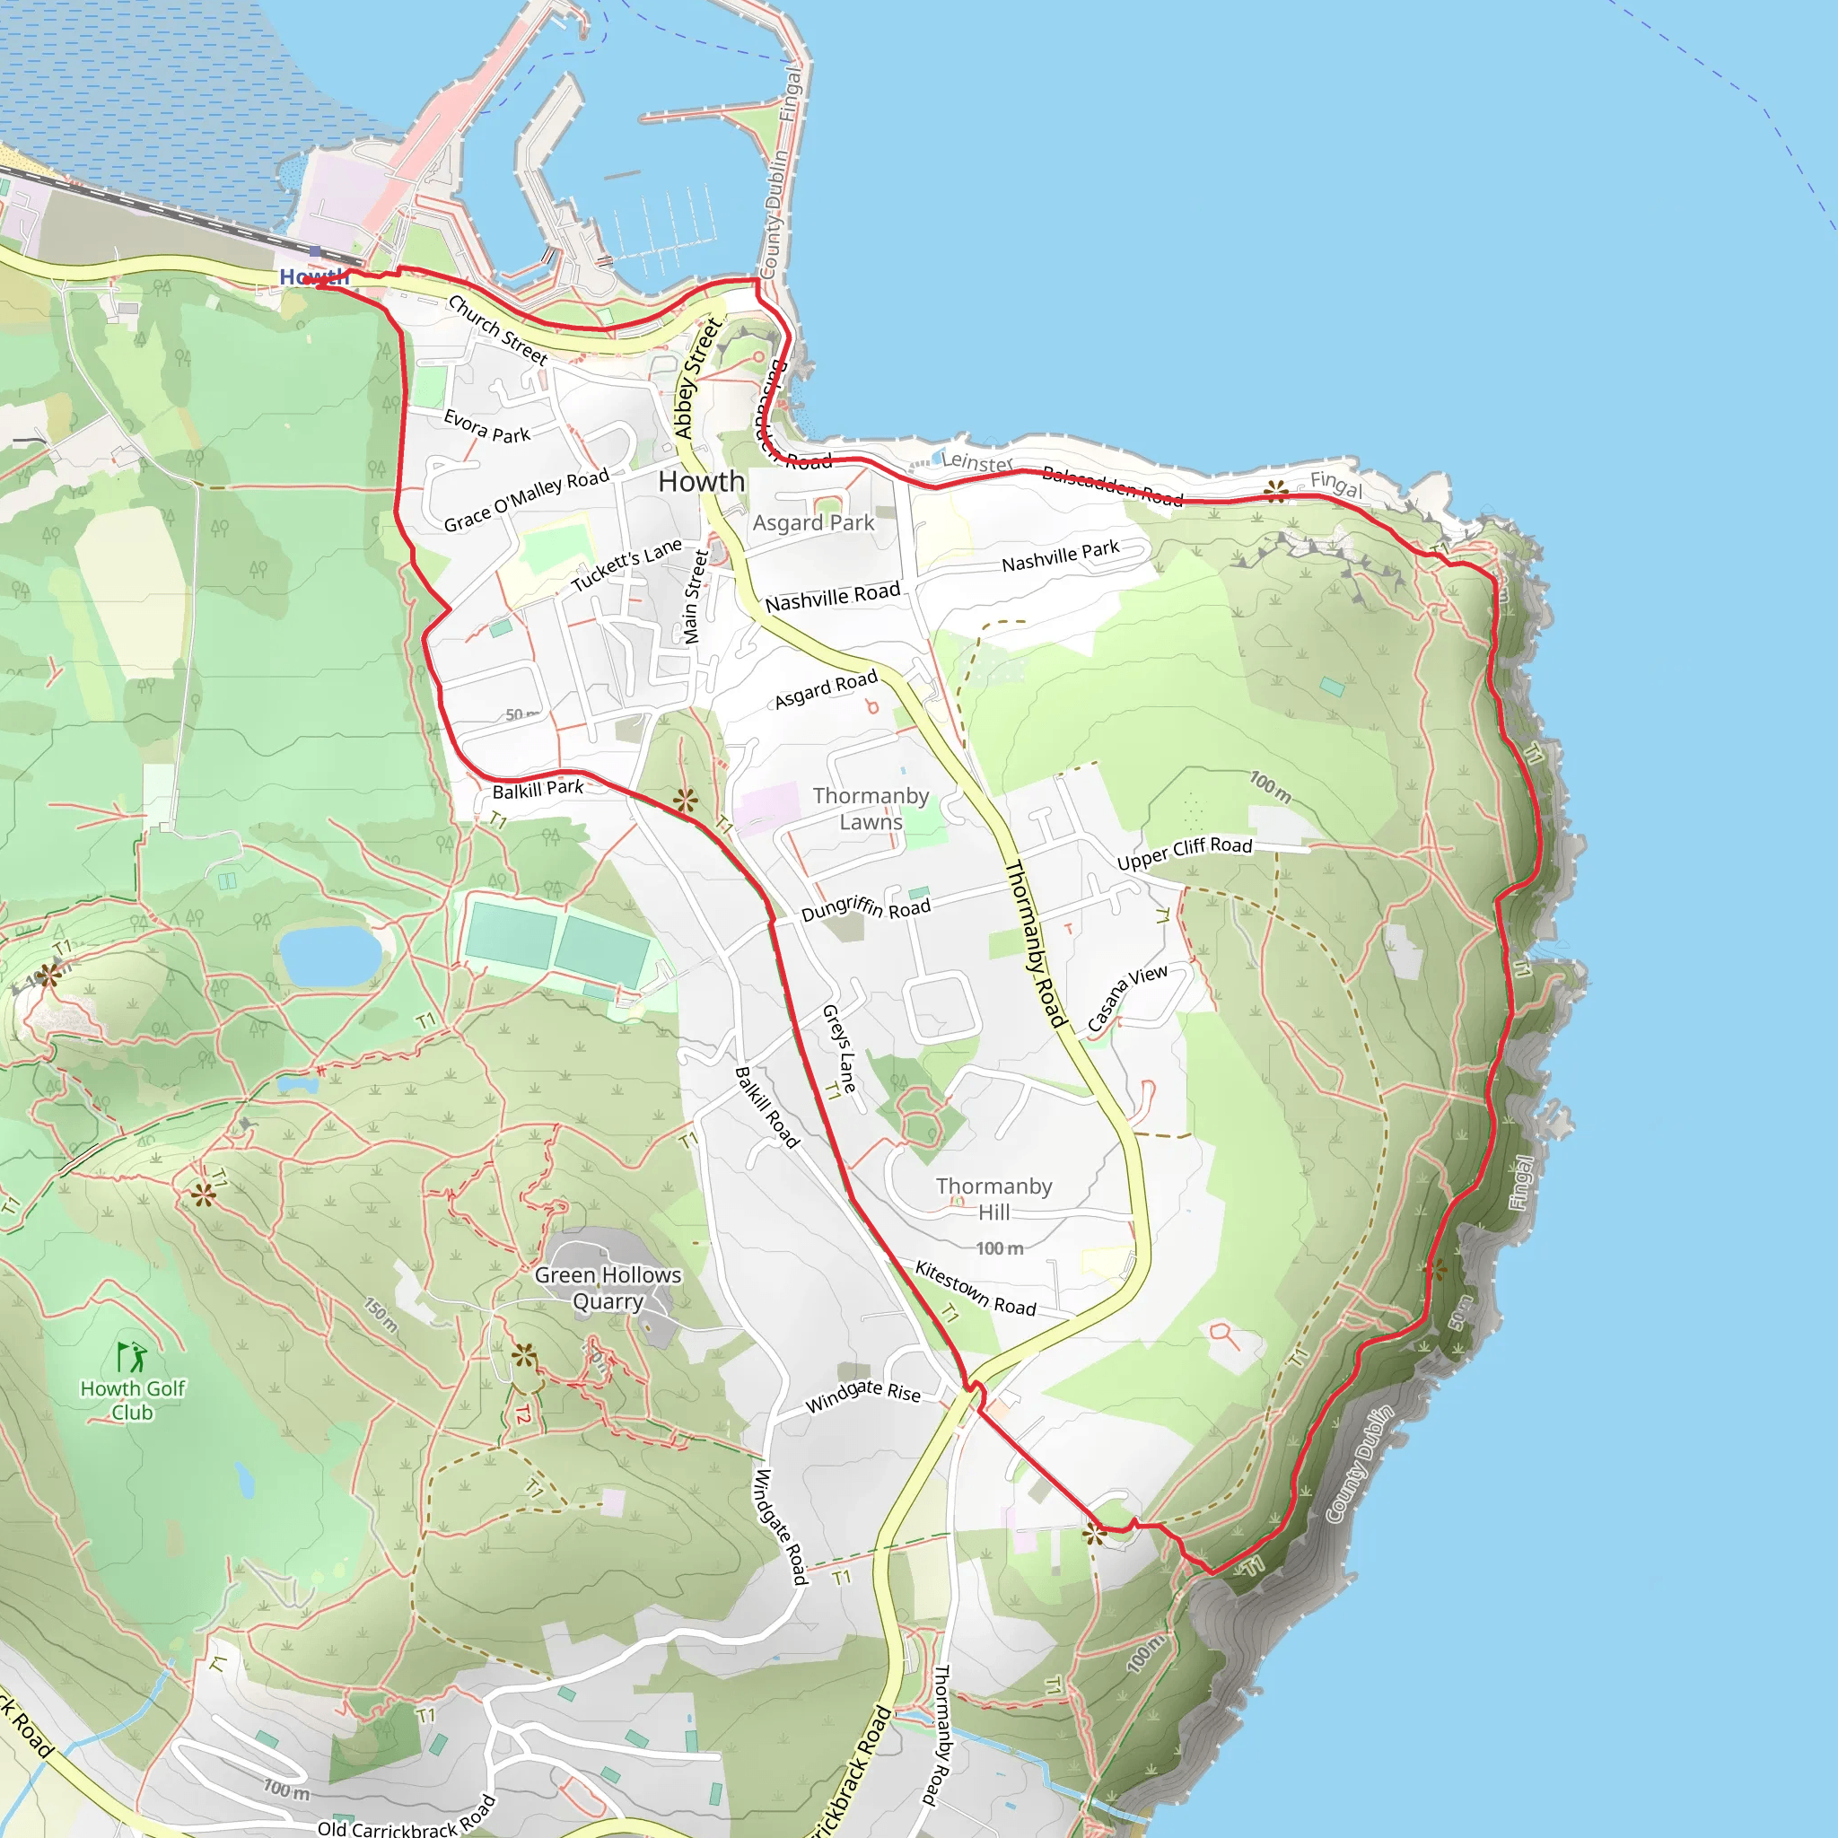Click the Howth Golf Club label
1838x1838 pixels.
point(132,1400)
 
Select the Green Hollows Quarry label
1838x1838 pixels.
point(608,1288)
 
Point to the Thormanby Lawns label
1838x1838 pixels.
point(871,809)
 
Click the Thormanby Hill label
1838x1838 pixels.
point(994,1199)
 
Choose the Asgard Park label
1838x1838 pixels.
point(813,523)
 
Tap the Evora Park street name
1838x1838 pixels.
point(487,427)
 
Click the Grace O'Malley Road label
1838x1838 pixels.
point(526,501)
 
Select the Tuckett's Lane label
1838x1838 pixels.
point(627,565)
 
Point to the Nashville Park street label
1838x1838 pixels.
point(1060,556)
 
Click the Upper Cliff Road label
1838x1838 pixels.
point(1185,853)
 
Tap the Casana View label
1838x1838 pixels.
point(1126,998)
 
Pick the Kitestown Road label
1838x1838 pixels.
point(976,1289)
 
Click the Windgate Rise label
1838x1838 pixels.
point(862,1396)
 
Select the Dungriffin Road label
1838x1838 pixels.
point(866,907)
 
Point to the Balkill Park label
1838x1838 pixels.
point(538,789)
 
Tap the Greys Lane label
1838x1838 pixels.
point(839,1047)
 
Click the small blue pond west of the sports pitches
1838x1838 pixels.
point(331,955)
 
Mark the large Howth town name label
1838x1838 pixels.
point(701,481)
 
